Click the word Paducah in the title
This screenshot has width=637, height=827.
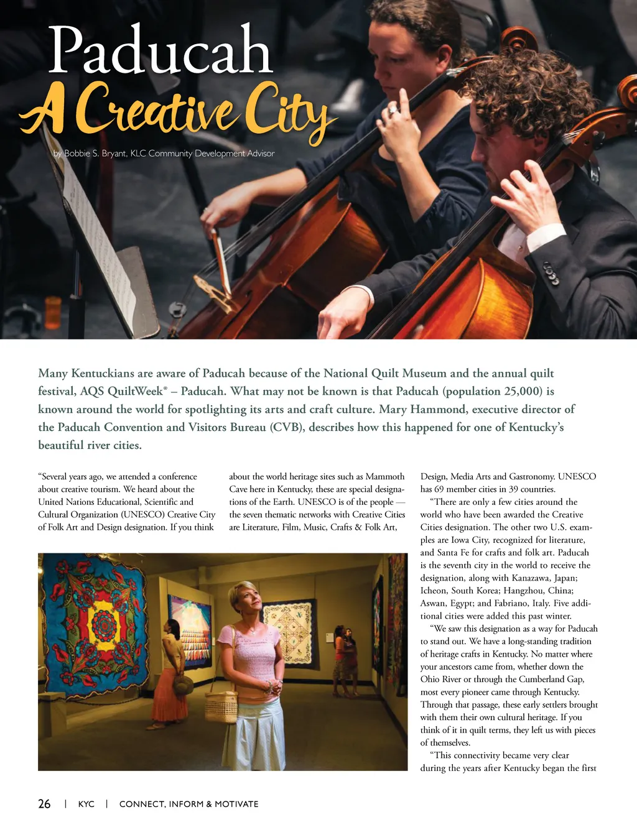point(160,51)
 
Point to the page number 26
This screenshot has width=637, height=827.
point(44,804)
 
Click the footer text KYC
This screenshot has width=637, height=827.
point(86,804)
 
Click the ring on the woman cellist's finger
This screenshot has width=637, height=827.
point(393,110)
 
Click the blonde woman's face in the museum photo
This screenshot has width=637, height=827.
point(250,600)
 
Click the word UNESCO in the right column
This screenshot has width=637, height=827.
point(577,476)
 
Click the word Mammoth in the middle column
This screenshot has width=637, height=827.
point(385,476)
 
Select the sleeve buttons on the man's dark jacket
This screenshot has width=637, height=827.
point(551,274)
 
